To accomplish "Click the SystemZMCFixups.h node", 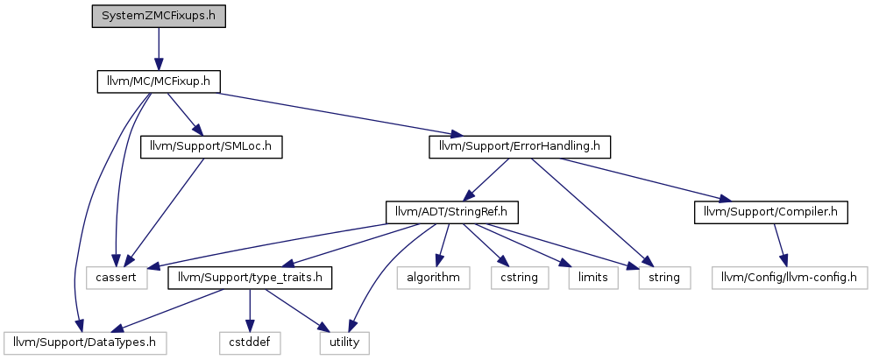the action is point(159,17).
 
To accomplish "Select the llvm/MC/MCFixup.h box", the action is point(159,82).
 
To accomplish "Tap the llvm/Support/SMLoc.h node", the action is point(211,147).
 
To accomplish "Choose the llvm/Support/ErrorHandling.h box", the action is point(520,147).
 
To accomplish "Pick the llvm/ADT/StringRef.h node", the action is point(452,212).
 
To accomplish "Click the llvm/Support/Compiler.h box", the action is point(771,212).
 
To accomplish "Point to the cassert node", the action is point(117,278).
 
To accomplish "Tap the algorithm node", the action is point(433,278).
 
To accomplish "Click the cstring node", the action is point(520,278).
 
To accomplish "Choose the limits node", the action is point(593,278).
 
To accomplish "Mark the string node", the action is point(664,278).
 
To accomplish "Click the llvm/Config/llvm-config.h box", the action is point(790,278).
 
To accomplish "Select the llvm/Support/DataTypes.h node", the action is point(85,342).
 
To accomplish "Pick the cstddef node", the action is point(251,342).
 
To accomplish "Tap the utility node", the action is point(344,342).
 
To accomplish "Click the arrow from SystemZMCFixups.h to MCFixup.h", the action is point(159,49).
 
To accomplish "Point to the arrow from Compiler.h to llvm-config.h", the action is point(781,245).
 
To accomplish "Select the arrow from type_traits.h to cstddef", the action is point(251,310).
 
